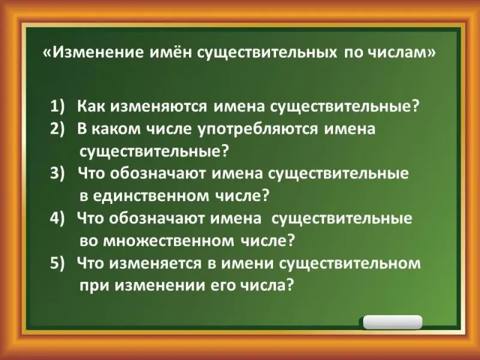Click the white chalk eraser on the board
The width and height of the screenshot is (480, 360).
[x=392, y=322]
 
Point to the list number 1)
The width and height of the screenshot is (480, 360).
[x=58, y=107]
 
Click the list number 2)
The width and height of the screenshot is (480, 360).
[x=58, y=129]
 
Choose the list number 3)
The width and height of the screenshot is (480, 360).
[x=58, y=173]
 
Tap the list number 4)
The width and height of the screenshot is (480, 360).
[x=58, y=218]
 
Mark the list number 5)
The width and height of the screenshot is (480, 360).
[x=58, y=263]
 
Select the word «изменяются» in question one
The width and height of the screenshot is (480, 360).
[x=159, y=107]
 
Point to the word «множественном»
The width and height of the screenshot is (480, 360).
[x=169, y=241]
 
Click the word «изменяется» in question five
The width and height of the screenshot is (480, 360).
[x=155, y=264]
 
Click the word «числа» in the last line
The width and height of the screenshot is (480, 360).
[x=266, y=286]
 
